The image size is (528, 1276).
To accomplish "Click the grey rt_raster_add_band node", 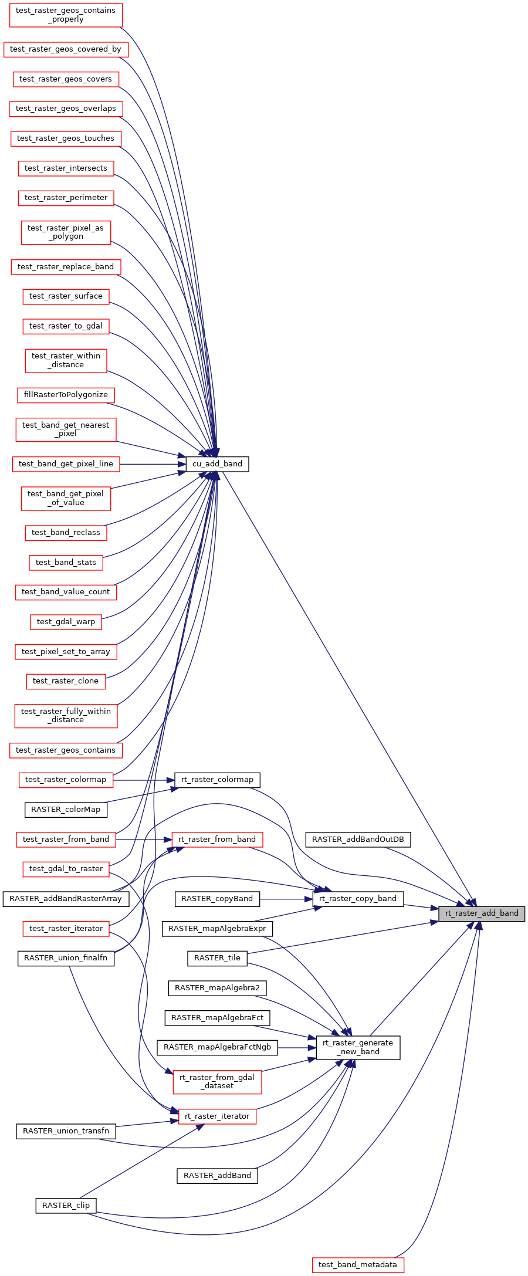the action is click(x=482, y=913).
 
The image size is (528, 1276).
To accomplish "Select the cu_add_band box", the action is click(x=217, y=464).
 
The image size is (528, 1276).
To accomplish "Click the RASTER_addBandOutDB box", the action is click(x=358, y=840).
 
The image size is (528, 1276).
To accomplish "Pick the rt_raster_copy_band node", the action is click(x=358, y=899).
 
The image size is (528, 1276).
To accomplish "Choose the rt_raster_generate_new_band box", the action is click(x=358, y=1047).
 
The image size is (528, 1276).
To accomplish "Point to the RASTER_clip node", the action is click(x=66, y=1206).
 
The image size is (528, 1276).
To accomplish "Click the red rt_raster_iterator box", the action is click(x=217, y=1116).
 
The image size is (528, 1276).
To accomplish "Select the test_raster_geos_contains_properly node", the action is click(x=66, y=15).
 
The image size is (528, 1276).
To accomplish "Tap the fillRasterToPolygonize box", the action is click(x=66, y=395).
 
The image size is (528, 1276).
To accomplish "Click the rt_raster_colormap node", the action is click(x=217, y=780).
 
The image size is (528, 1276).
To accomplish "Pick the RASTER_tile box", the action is click(x=217, y=958).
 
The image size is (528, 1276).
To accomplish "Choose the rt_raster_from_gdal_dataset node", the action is click(x=217, y=1081).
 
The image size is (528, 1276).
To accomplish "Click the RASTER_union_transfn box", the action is click(x=66, y=1131).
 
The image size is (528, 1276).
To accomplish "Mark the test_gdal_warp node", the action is click(x=66, y=622).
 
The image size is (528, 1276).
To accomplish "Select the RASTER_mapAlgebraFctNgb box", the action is click(x=217, y=1047).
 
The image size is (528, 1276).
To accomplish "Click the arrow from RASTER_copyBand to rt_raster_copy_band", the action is click(x=286, y=899).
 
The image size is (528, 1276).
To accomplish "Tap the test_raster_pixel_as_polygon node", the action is click(x=66, y=232).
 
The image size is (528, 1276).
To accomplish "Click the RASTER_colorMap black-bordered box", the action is click(x=66, y=810).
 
